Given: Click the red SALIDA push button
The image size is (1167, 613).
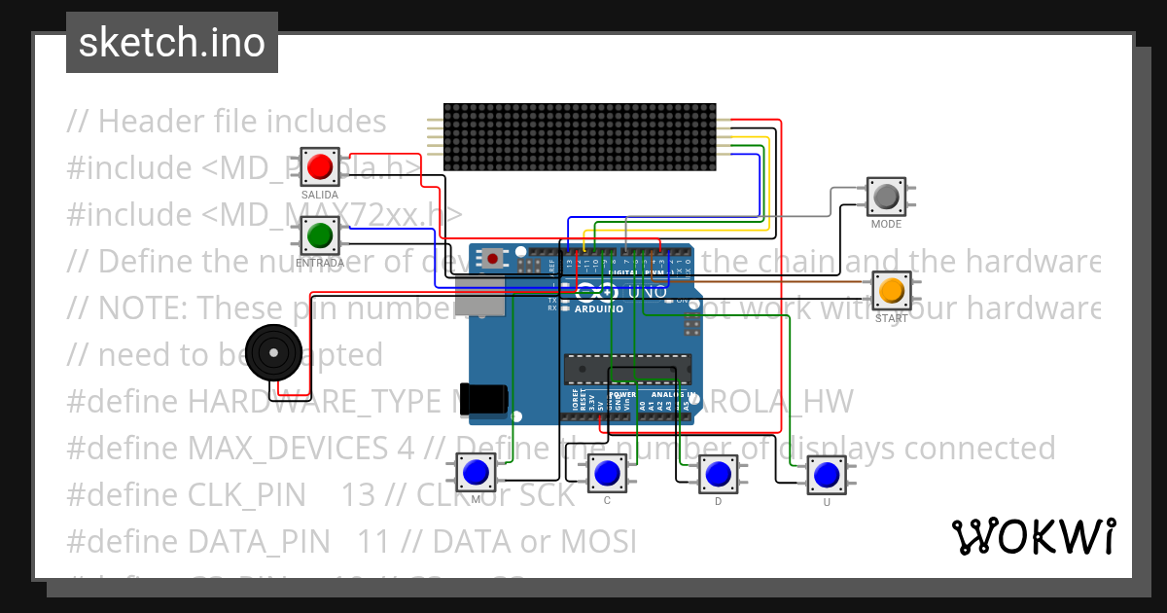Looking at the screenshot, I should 319,166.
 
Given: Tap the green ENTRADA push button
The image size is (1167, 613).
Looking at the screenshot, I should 319,235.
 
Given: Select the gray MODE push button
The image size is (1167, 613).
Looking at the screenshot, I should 886,197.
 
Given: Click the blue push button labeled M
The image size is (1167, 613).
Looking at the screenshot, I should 476,473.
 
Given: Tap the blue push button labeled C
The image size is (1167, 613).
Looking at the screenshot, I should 607,473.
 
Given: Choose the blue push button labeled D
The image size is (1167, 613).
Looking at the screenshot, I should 718,474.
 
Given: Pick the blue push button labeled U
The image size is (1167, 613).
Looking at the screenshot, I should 827,475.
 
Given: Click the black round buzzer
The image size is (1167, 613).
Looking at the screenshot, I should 273,352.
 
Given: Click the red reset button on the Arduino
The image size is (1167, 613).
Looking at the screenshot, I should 494,259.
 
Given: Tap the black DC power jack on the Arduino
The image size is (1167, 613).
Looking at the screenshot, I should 485,397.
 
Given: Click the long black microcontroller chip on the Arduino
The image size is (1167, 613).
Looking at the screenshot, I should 627,370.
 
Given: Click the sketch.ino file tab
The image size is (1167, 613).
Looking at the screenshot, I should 172,43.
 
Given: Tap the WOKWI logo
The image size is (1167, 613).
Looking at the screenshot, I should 1033,536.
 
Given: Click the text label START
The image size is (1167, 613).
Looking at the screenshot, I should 891,318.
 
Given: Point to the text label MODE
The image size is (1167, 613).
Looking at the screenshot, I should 886,224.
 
